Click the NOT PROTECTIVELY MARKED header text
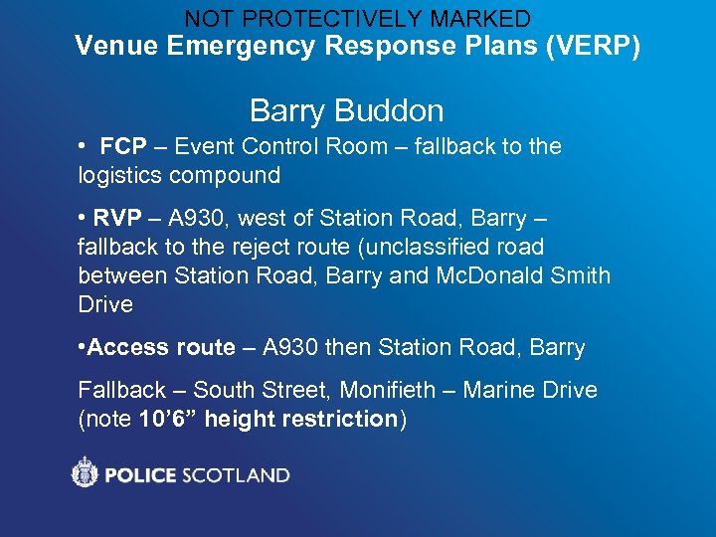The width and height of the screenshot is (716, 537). tap(357, 18)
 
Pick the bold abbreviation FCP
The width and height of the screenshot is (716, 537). tap(123, 147)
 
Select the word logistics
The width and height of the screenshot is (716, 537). tap(120, 176)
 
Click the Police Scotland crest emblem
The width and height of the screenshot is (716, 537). tap(86, 472)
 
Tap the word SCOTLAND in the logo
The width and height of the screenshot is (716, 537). tap(235, 475)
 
